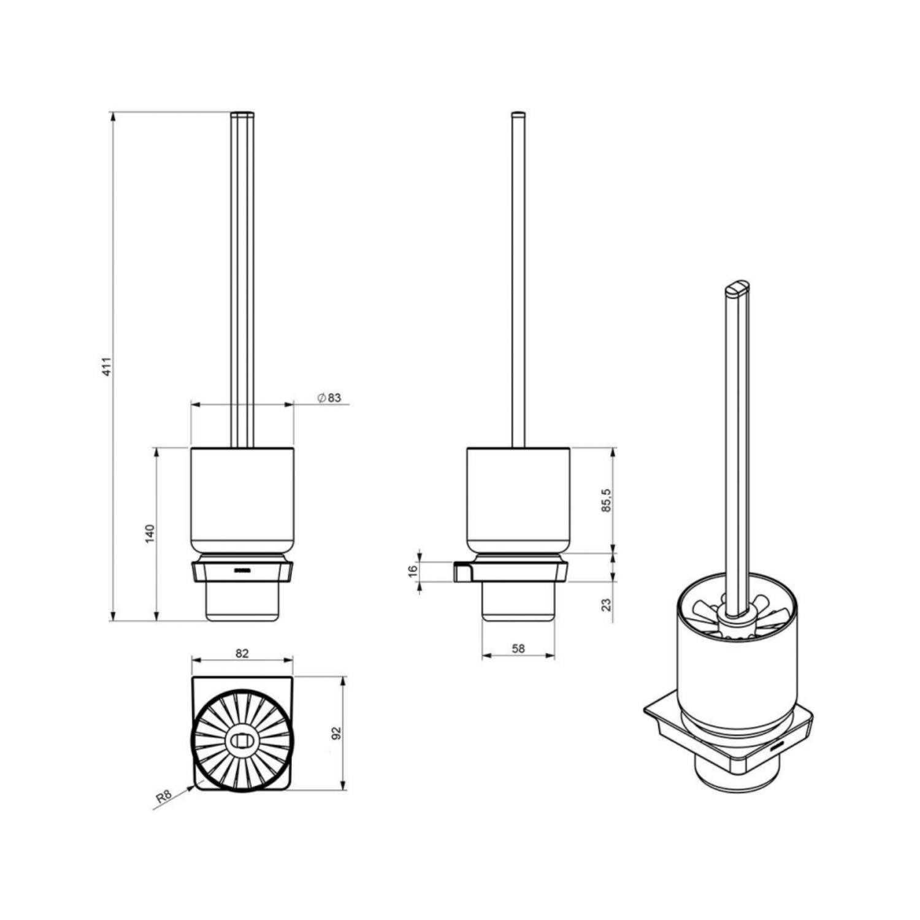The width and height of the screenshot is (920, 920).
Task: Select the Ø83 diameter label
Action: [x=329, y=398]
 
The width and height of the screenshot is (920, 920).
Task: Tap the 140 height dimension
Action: [x=150, y=533]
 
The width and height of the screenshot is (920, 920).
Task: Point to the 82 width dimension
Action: [x=242, y=653]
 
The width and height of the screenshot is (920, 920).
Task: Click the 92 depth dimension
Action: [x=336, y=734]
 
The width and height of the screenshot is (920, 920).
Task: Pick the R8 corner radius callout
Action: [x=163, y=797]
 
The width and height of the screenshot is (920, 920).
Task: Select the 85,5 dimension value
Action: [x=607, y=500]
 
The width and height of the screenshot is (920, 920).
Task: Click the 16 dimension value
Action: [x=413, y=570]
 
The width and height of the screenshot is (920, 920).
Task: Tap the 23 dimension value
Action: [x=607, y=605]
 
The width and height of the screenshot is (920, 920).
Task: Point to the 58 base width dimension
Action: [x=518, y=648]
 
